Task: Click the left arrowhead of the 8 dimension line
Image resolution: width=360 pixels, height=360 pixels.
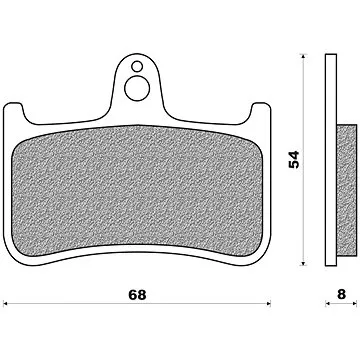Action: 325,304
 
